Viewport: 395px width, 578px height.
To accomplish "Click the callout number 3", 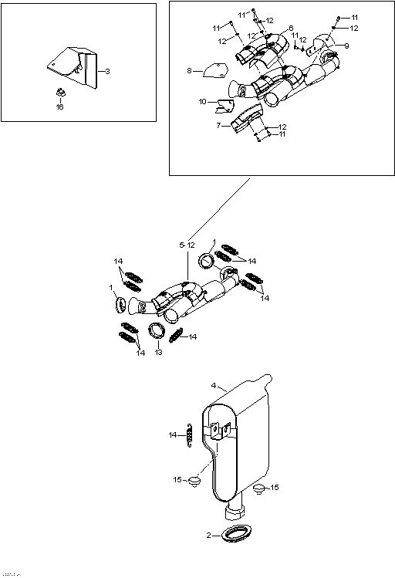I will pos(107,71).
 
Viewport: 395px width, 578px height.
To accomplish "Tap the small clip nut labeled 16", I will pos(59,93).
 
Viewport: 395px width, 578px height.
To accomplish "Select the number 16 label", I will pos(59,106).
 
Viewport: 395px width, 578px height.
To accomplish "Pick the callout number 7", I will pos(218,125).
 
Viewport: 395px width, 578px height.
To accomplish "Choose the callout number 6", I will pos(291,29).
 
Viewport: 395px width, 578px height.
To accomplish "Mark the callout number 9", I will pos(346,46).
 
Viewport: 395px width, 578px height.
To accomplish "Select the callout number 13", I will pos(158,353).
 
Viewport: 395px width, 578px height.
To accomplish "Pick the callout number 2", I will pos(208,534).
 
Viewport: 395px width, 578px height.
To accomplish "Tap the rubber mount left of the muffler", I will pos(194,482).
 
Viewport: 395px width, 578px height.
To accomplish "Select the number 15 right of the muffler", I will pos(274,487).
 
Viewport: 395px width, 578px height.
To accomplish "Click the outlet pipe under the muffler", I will pos(235,510).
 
